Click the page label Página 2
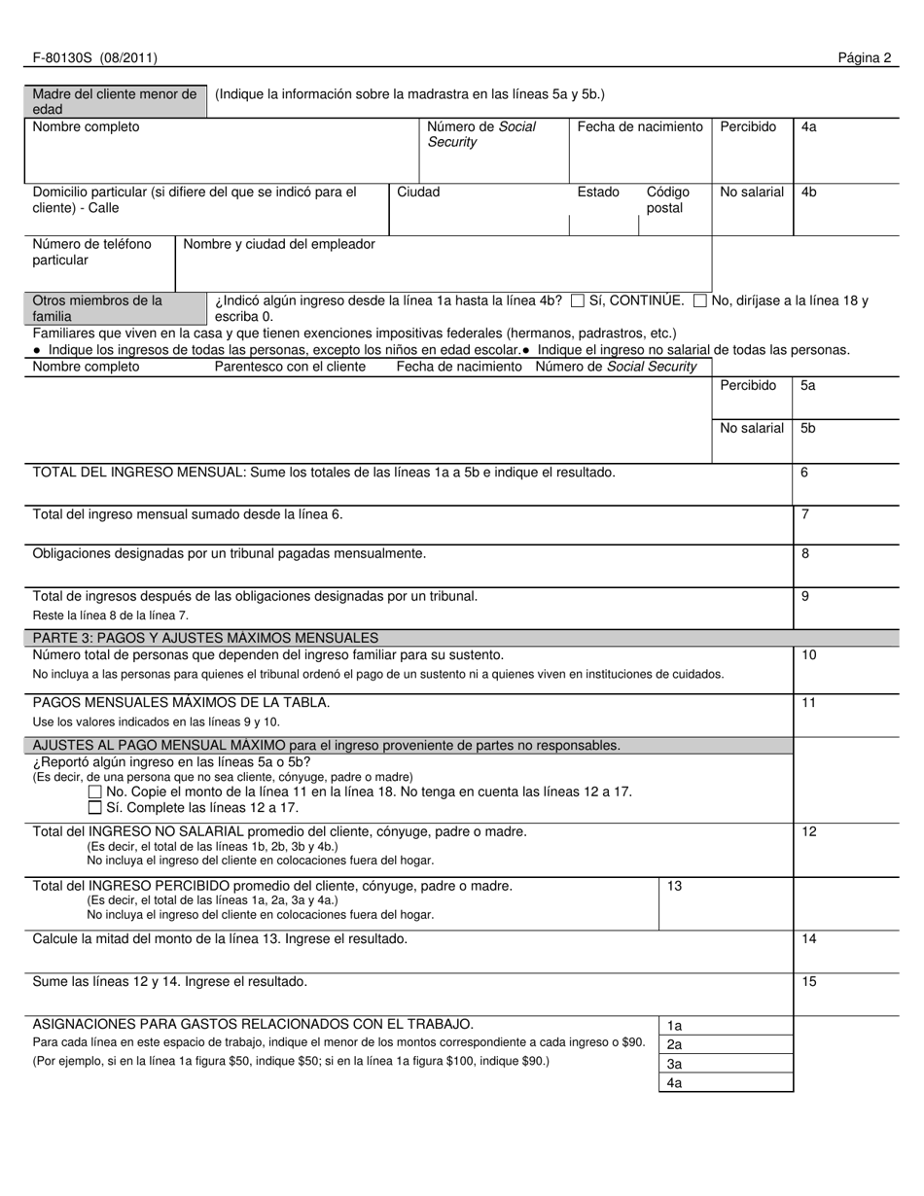pos(865,57)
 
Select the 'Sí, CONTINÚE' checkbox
pos(578,301)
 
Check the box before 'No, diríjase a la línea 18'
pos(700,301)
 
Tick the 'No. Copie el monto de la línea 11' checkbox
pos(94,792)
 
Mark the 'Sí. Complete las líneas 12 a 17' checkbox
pos(94,808)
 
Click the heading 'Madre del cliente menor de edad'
pos(114,101)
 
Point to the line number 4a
pos(809,126)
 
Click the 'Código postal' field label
pos(667,200)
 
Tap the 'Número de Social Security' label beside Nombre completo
pos(481,134)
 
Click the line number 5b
pos(808,428)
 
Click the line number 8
pos(805,553)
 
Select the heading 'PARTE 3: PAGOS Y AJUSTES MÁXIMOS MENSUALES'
pos(205,638)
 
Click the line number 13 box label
pos(675,886)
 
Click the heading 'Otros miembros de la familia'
pos(97,308)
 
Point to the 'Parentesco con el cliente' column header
pos(290,367)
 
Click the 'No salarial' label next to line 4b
pos(751,192)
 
